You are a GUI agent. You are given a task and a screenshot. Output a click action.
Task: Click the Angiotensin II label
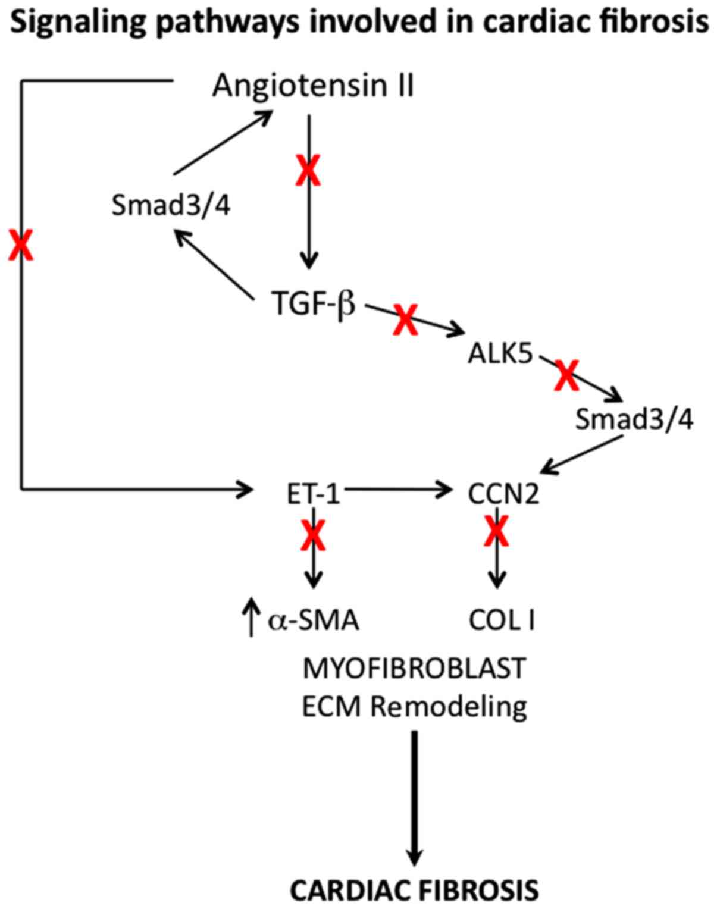point(313,86)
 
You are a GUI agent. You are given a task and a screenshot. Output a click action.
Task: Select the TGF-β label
point(313,303)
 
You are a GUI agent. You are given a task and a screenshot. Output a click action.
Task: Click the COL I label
point(502,620)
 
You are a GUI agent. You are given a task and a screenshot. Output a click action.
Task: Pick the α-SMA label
point(314,620)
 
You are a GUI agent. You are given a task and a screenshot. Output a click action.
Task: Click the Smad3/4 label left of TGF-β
point(171,206)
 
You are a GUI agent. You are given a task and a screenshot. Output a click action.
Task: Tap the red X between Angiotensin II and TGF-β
point(308,171)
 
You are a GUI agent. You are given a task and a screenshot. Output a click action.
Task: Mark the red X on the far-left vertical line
point(21,246)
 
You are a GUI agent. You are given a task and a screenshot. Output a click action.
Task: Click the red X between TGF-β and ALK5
point(405,319)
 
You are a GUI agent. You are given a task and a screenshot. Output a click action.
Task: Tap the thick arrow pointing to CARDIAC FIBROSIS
point(415,797)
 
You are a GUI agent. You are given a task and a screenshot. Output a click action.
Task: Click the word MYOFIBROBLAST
point(414,668)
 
